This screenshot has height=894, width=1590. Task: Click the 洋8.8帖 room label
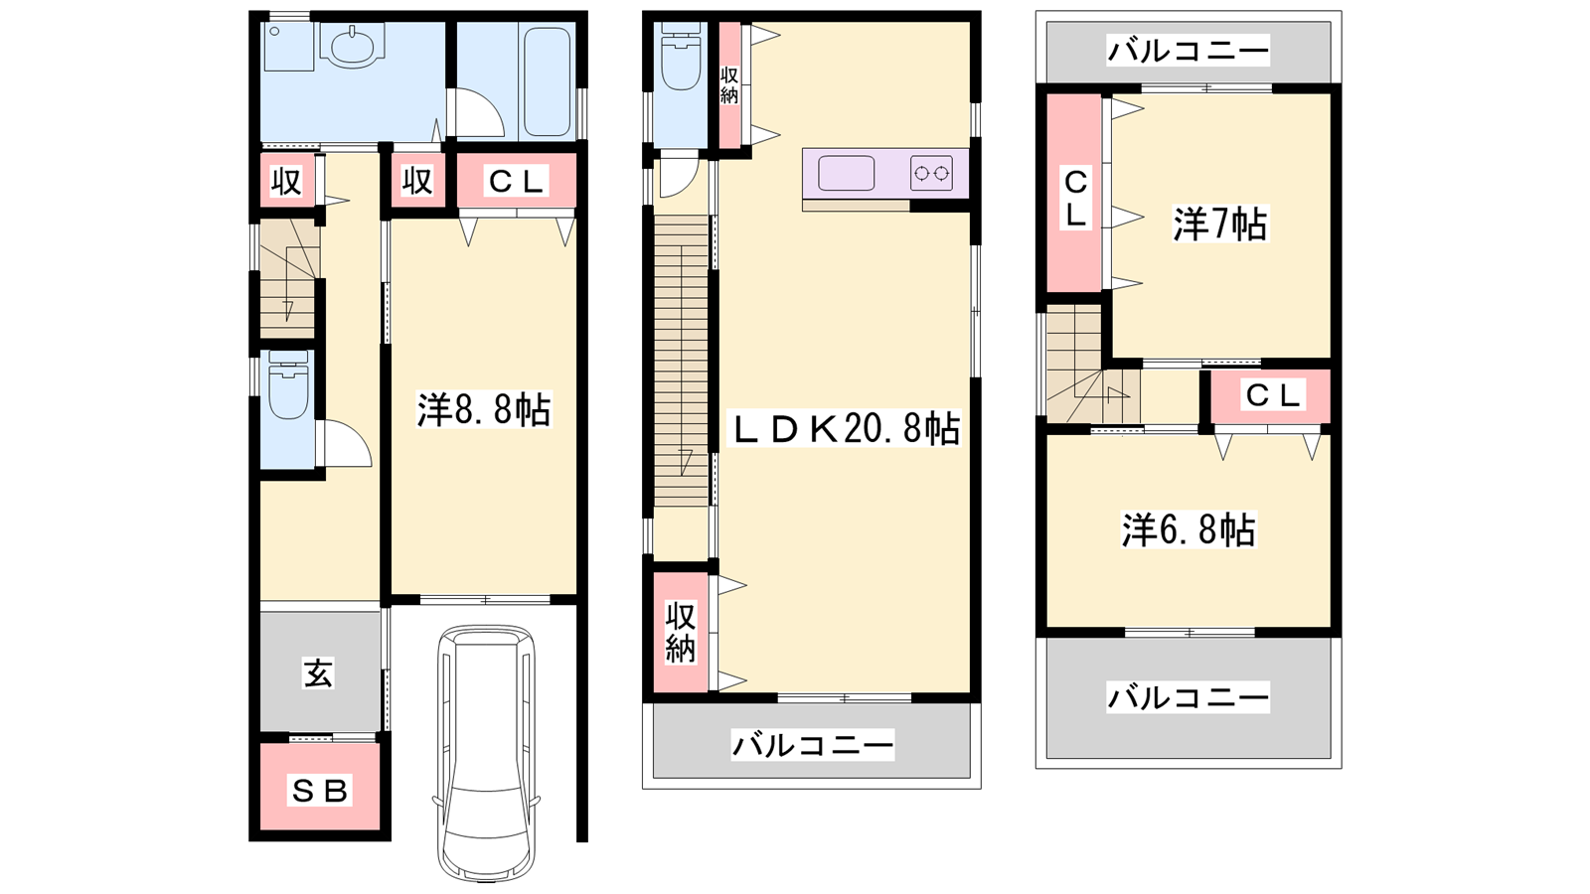coord(483,410)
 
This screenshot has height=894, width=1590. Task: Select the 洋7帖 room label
coord(1219,223)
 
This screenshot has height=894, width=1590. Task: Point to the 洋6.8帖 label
coord(1189,530)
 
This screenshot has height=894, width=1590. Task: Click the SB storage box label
coord(319,790)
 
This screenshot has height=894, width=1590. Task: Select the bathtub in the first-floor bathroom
coord(548,80)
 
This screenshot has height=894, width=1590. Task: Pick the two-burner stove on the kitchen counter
coord(931,173)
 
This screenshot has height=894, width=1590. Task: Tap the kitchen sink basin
coord(846,173)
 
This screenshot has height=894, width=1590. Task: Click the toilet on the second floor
coord(681,56)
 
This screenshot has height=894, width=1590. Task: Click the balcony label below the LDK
coord(813,746)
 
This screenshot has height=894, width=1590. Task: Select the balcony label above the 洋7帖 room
coord(1188,52)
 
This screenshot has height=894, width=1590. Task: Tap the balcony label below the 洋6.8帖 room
coord(1188,698)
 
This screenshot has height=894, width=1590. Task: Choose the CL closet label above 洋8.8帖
coord(516,182)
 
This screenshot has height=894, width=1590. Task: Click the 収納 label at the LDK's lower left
coord(680,632)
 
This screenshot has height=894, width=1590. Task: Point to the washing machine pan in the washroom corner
coord(288,47)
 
